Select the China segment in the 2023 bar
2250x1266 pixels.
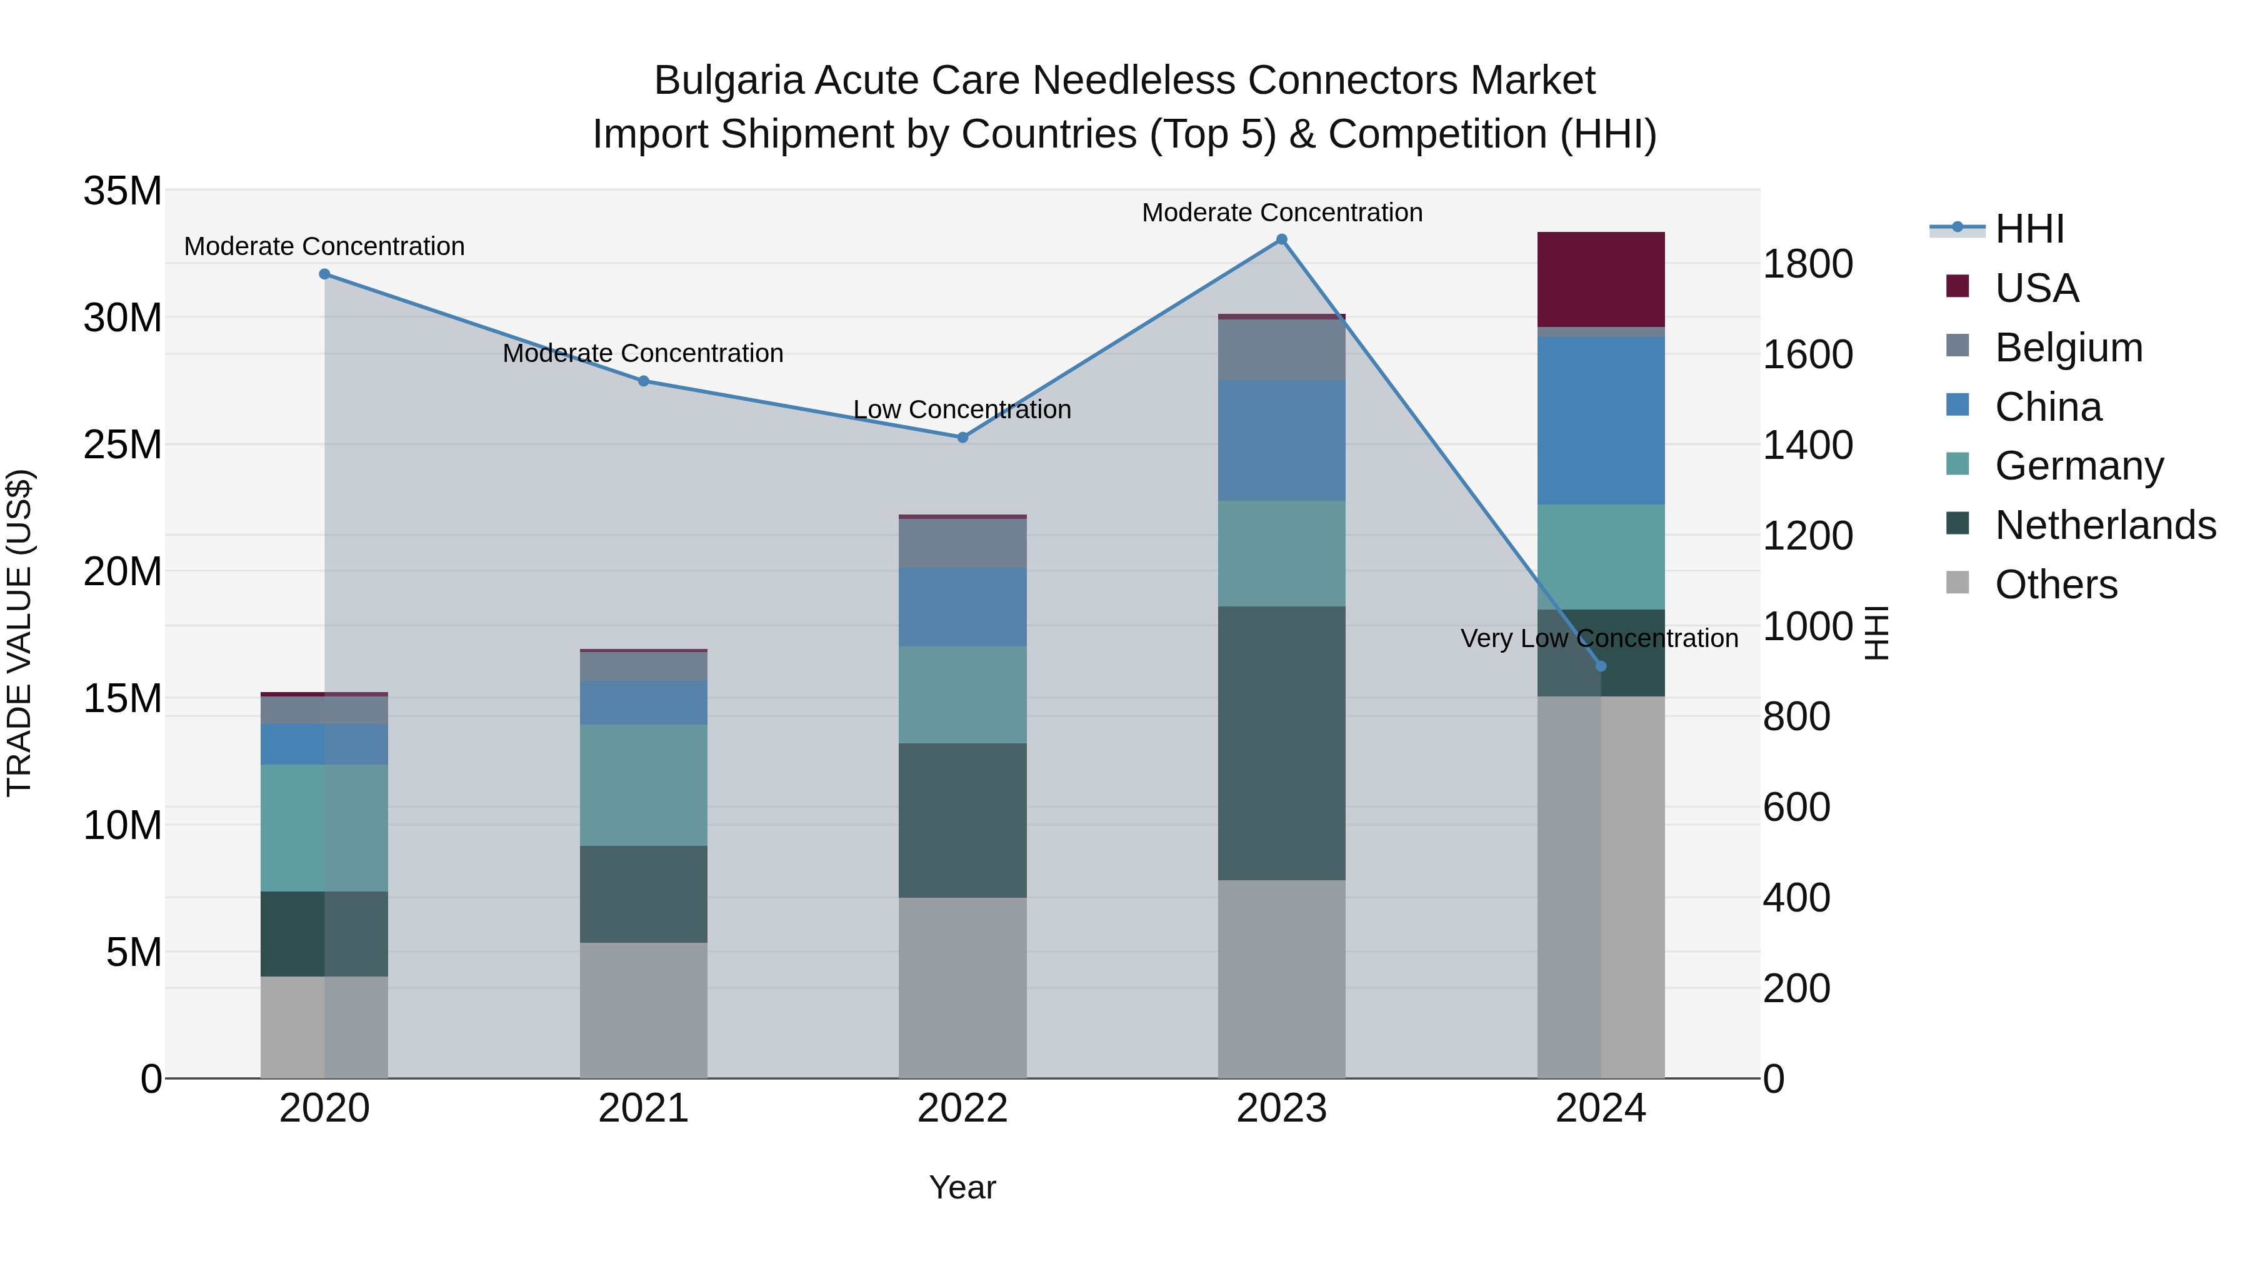click(1281, 440)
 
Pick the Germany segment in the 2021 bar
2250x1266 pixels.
click(644, 785)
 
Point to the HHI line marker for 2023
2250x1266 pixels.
click(1281, 239)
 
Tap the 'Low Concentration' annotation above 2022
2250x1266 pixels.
click(962, 409)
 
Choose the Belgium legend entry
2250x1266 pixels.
click(2068, 348)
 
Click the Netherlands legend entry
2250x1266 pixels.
click(2105, 525)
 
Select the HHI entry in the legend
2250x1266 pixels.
click(2029, 229)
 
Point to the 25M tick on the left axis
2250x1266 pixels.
click(122, 445)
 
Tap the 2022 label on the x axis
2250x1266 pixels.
click(962, 1108)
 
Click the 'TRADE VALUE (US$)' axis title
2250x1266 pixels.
click(19, 633)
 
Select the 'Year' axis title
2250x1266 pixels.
click(962, 1187)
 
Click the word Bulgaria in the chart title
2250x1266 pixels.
click(729, 81)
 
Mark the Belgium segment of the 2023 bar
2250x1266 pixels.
click(1281, 349)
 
